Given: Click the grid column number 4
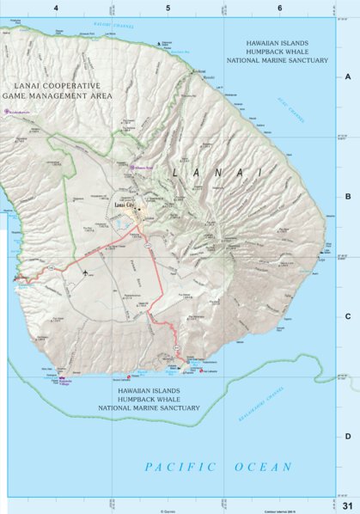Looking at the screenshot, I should (x=56, y=8).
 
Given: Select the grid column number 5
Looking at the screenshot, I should (x=168, y=8).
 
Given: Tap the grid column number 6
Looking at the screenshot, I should (x=279, y=8).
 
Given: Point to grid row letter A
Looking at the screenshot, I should (x=348, y=76).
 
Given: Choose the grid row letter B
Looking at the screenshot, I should (x=348, y=196).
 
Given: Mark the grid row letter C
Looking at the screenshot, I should (x=348, y=315).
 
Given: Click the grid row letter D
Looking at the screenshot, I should (x=348, y=436).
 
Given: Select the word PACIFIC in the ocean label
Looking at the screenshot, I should (x=171, y=467).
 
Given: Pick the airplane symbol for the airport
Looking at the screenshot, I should (x=88, y=272).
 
